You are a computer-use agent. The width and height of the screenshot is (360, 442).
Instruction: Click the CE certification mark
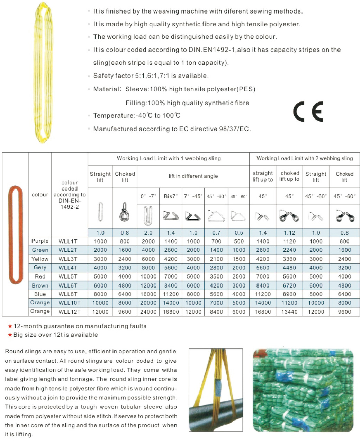pyautogui.click(x=308, y=111)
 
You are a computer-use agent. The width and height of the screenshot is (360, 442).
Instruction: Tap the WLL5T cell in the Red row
pyautogui.click(x=68, y=276)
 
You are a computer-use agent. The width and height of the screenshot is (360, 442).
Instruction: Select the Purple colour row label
pyautogui.click(x=40, y=241)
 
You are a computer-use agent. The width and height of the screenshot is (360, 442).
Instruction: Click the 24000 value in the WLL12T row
pyautogui.click(x=148, y=312)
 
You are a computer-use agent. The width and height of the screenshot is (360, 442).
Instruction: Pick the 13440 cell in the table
pyautogui.click(x=289, y=312)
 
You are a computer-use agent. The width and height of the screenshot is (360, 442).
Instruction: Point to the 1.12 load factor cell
pyautogui.click(x=289, y=233)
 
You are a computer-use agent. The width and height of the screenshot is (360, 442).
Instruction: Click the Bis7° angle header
pyautogui.click(x=171, y=196)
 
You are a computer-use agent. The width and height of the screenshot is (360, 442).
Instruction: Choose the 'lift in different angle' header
pyautogui.click(x=193, y=176)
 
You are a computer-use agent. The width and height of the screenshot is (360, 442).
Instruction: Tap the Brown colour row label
pyautogui.click(x=40, y=285)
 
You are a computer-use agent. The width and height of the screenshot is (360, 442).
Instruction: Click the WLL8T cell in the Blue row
pyautogui.click(x=68, y=294)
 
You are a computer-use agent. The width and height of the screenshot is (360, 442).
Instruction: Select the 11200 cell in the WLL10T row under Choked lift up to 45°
pyautogui.click(x=289, y=303)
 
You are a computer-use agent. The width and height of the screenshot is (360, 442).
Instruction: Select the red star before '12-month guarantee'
pyautogui.click(x=10, y=326)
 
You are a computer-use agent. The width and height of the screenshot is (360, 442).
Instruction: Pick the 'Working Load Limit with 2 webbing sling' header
pyautogui.click(x=305, y=158)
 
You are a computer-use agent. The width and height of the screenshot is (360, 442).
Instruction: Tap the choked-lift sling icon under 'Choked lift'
pyautogui.click(x=124, y=212)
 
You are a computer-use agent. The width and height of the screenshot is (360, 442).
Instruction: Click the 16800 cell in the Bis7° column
pyautogui.click(x=171, y=312)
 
